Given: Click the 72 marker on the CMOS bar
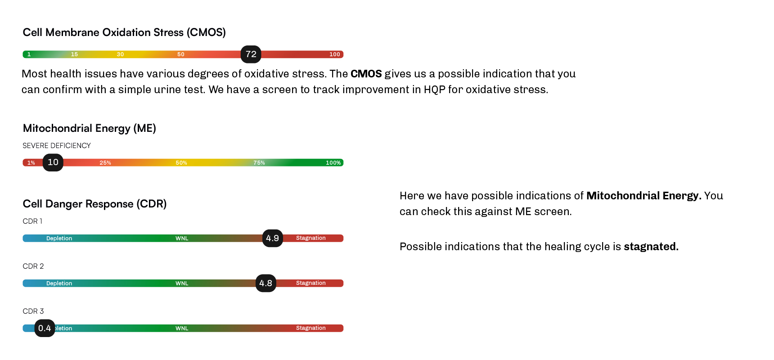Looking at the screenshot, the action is tap(251, 54).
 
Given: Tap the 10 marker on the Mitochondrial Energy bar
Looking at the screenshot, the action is tap(53, 162).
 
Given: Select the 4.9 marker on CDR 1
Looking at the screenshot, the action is tap(273, 238).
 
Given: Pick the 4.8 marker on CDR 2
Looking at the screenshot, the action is tap(266, 283).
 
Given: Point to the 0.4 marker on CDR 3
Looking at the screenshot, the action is tap(45, 328).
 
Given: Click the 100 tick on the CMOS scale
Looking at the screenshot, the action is tap(335, 54).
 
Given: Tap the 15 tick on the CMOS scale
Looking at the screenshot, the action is tap(74, 54).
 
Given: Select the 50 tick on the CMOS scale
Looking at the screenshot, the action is tap(181, 54).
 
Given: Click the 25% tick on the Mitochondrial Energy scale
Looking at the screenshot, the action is tap(105, 163).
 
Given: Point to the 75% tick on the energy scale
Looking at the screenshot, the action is tap(259, 163).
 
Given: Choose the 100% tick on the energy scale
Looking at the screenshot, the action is tap(333, 163).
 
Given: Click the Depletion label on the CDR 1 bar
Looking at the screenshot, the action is tap(59, 238).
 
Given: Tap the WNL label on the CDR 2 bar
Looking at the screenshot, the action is tap(182, 283).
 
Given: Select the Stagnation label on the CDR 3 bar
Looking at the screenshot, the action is tap(311, 328).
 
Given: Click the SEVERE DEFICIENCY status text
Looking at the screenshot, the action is tap(57, 146).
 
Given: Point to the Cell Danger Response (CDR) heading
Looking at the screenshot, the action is tap(94, 204).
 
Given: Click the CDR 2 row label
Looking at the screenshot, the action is tap(33, 266).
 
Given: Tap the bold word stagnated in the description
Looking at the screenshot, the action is tap(651, 247).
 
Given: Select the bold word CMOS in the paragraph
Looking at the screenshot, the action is tap(366, 74).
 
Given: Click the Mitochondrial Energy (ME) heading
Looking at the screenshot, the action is tap(90, 128).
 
